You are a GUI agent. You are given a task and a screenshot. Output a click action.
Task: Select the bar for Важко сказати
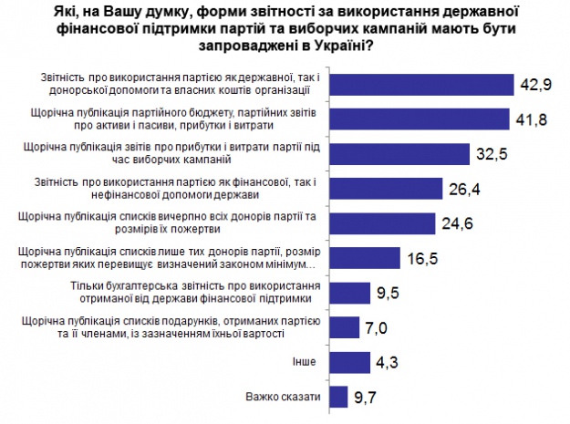pos(337,397)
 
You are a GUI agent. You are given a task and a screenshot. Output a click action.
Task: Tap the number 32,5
pos(493,152)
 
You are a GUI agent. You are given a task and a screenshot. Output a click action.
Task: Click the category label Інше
pos(304,362)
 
